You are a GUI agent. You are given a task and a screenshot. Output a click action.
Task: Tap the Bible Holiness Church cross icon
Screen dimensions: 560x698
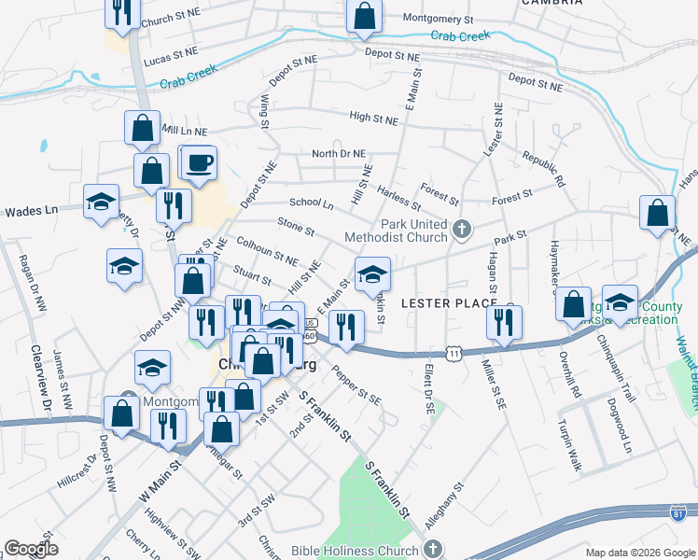tap(432, 550)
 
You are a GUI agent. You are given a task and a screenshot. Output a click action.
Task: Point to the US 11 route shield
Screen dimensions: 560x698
tap(454, 354)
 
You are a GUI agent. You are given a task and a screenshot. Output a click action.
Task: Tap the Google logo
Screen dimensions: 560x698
tap(30, 549)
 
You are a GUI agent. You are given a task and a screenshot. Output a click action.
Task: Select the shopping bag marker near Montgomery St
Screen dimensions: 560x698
tap(364, 16)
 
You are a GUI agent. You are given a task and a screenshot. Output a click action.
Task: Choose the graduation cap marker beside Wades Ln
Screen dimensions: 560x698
tap(100, 203)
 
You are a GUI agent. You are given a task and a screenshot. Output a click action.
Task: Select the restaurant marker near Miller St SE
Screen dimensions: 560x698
tap(504, 322)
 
